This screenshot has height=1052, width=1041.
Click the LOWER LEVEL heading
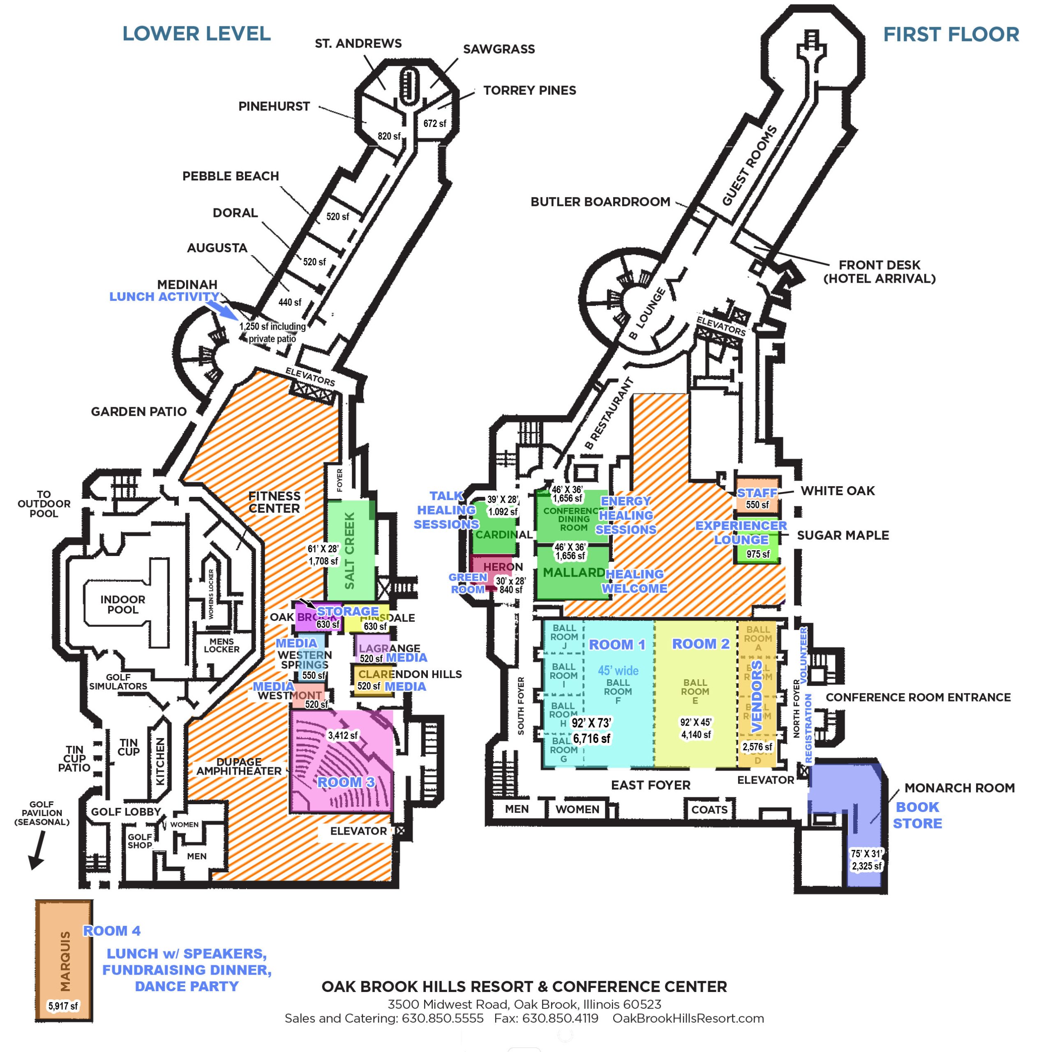(196, 34)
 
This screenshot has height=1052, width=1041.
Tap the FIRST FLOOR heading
(951, 34)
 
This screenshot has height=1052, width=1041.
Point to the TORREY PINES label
(529, 90)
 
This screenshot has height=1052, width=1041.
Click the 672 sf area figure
(434, 124)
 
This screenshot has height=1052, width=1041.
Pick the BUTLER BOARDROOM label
(600, 202)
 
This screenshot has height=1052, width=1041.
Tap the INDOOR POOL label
(122, 604)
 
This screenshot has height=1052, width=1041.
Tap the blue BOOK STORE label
(917, 815)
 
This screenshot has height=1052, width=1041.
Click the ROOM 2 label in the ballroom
(700, 644)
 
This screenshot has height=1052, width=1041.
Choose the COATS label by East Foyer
(709, 810)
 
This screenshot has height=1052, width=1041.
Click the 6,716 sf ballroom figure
(591, 738)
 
